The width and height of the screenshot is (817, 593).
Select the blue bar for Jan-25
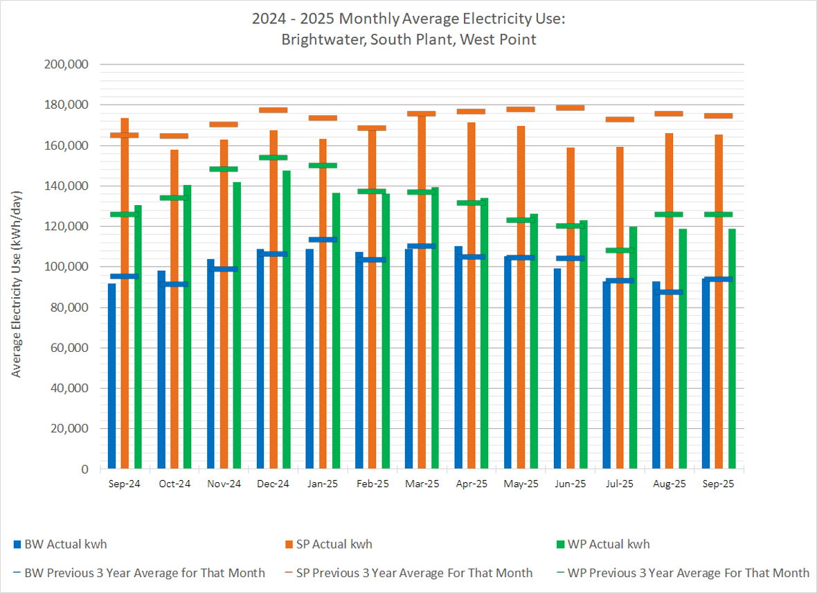(x=309, y=360)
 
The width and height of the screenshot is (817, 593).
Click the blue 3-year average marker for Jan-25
(x=323, y=240)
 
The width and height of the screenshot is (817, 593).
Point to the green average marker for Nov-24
(x=224, y=169)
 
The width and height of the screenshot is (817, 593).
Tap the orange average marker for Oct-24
(x=174, y=136)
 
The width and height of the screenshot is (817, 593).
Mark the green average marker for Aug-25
(x=669, y=214)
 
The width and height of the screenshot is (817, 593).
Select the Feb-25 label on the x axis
(x=372, y=484)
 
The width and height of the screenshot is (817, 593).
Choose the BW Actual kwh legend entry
(x=65, y=545)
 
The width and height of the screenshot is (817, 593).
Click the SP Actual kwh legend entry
(x=334, y=545)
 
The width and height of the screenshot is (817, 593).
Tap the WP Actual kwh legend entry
(x=608, y=545)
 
